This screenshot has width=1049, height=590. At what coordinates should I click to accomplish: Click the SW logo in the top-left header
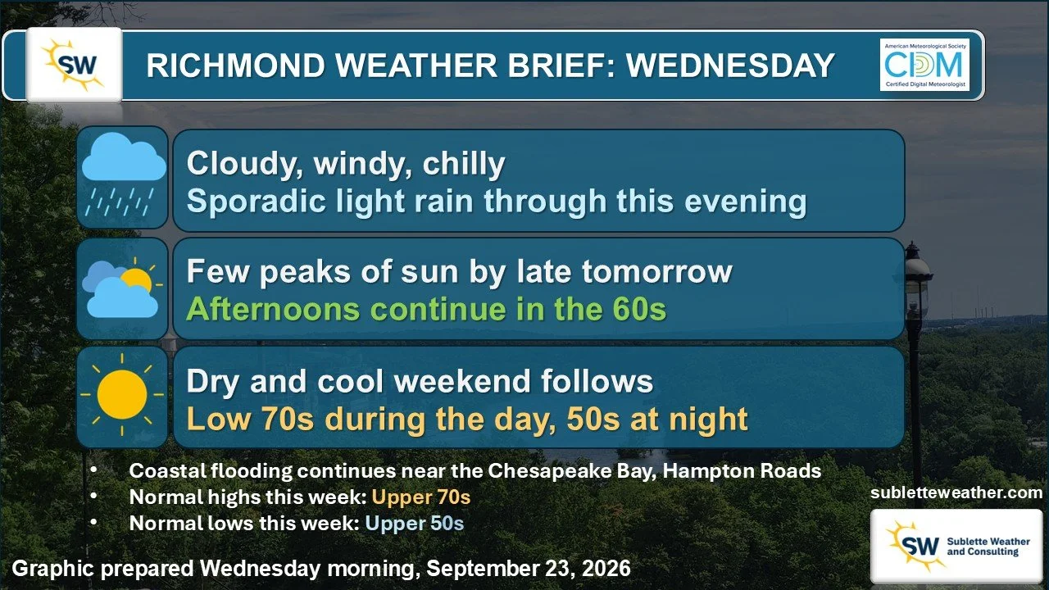(75, 65)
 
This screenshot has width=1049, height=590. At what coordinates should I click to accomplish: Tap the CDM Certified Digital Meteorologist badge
(924, 65)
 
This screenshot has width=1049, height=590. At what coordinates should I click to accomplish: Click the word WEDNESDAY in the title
(730, 65)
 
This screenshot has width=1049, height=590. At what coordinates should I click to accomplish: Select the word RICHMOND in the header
(235, 65)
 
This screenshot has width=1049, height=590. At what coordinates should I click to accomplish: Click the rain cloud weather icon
(124, 175)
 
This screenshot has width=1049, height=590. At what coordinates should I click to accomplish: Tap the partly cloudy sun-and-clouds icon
(122, 288)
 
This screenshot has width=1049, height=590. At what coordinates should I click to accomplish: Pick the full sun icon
(122, 395)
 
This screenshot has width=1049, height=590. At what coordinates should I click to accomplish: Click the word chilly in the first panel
(464, 164)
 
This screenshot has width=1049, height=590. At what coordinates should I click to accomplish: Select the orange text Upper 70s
(421, 497)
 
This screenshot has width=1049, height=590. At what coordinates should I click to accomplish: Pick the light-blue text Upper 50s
(415, 524)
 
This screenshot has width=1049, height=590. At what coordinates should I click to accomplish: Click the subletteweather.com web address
(956, 492)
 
